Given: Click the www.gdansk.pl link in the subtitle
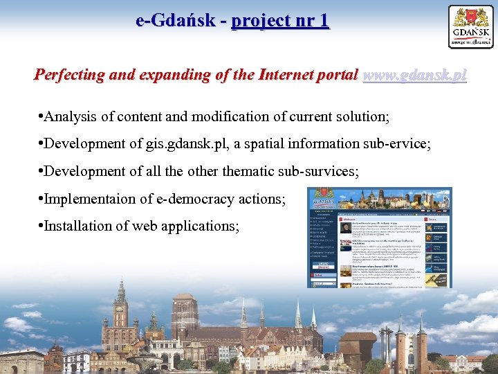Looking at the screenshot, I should pyautogui.click(x=414, y=75).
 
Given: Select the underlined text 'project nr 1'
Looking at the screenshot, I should pyautogui.click(x=280, y=21).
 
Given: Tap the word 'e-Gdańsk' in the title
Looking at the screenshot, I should pyautogui.click(x=175, y=21).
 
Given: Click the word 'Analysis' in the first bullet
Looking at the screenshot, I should pyautogui.click(x=71, y=117).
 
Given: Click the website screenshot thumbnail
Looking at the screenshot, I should pyautogui.click(x=380, y=238).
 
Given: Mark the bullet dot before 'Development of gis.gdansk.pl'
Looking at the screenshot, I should pyautogui.click(x=41, y=145).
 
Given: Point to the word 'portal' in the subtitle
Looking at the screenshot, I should pyautogui.click(x=336, y=75).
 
